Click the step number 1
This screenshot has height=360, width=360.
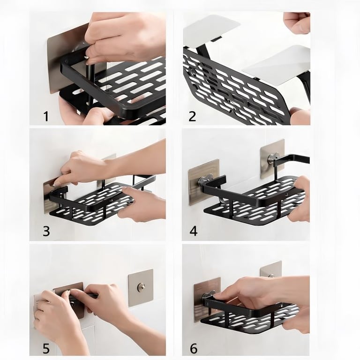(x=46, y=116)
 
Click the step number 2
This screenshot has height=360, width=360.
(x=192, y=116)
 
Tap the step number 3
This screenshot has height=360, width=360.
(x=46, y=231)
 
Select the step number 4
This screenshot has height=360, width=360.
(x=194, y=231)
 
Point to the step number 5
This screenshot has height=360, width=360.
(x=46, y=348)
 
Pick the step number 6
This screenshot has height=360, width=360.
(x=194, y=348)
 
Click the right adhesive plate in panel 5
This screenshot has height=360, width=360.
(x=141, y=288)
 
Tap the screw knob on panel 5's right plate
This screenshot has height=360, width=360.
(x=140, y=287)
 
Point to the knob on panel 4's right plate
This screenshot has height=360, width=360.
(x=271, y=158)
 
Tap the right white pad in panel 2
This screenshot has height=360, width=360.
(x=278, y=65)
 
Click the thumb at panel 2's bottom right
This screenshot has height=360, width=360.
(x=300, y=116)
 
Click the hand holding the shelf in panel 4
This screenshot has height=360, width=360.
(x=299, y=197)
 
